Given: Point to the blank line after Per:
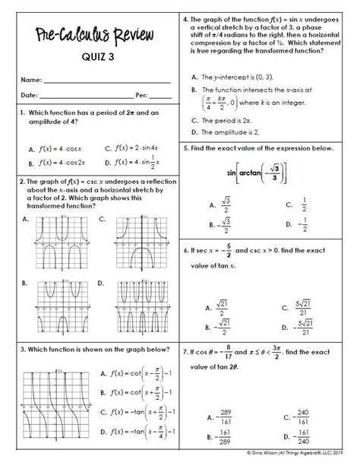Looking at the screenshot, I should tap(160, 96).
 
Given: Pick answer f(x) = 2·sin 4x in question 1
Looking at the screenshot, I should tap(137, 148).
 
